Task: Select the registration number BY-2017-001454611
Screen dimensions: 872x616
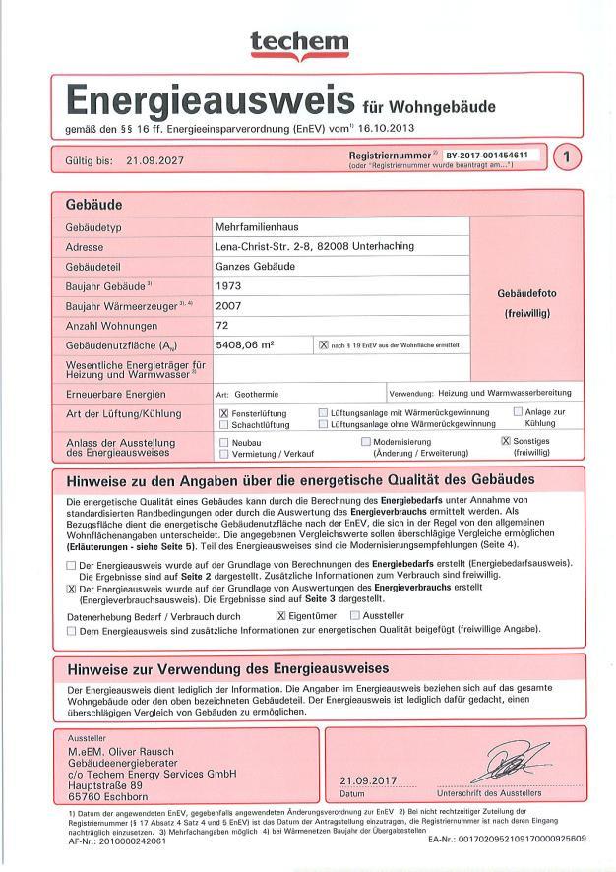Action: pyautogui.click(x=486, y=156)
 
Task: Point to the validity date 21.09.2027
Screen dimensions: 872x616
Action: pyautogui.click(x=155, y=160)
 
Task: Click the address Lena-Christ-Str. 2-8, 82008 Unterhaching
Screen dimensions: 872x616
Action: pyautogui.click(x=314, y=246)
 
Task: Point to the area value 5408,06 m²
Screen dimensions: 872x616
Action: pyautogui.click(x=245, y=344)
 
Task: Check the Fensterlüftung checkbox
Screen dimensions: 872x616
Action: pyautogui.click(x=224, y=413)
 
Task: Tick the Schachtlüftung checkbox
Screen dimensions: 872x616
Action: pyautogui.click(x=224, y=425)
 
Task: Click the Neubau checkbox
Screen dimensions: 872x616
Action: pyautogui.click(x=224, y=443)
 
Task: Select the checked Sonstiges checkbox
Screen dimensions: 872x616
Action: pyautogui.click(x=506, y=442)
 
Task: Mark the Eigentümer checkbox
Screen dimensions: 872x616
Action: pyautogui.click(x=280, y=615)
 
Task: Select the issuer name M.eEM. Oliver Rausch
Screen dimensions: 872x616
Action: pyautogui.click(x=124, y=753)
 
